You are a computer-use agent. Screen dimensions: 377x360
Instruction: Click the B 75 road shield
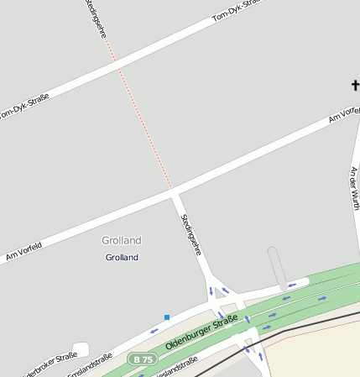pyautogui.click(x=143, y=359)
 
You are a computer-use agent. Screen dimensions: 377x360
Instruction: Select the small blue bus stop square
pyautogui.click(x=167, y=317)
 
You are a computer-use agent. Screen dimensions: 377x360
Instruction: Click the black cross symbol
pyautogui.click(x=355, y=85)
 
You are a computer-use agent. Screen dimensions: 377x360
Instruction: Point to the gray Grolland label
pyautogui.click(x=122, y=240)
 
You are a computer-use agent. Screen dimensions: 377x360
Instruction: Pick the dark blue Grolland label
pyautogui.click(x=122, y=257)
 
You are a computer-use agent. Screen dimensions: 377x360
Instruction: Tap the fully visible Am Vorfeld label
pyautogui.click(x=23, y=253)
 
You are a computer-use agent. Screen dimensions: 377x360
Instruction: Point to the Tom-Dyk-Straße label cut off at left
pyautogui.click(x=23, y=106)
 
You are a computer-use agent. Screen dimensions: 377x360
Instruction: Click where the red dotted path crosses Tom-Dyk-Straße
pyautogui.click(x=117, y=64)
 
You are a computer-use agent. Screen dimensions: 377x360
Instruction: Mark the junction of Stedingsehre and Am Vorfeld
pyautogui.click(x=175, y=193)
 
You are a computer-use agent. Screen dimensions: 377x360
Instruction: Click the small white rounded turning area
pyautogui.click(x=81, y=348)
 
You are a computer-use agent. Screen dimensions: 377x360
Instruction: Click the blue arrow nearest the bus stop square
pyautogui.click(x=154, y=330)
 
